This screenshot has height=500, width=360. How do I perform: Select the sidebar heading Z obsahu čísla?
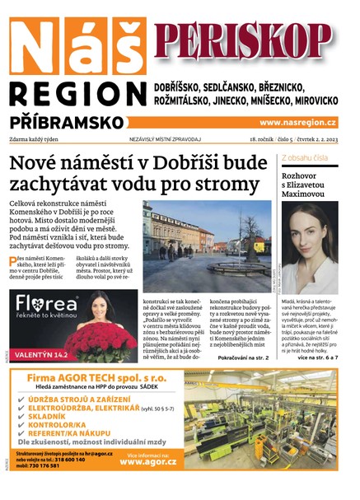(307, 157)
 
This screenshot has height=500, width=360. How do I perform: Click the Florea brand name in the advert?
(50, 305)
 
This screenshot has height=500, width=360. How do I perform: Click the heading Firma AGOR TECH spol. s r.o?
(96, 377)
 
